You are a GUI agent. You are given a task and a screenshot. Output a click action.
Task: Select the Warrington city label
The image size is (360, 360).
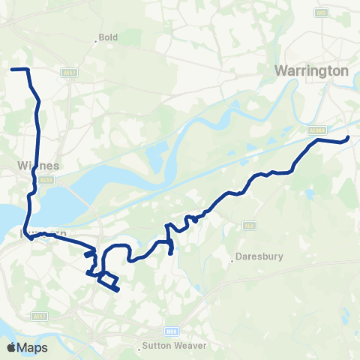312,70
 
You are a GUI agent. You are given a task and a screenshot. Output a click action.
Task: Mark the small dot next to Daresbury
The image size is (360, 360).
232,261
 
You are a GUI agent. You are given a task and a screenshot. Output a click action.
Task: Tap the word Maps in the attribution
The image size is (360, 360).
32,347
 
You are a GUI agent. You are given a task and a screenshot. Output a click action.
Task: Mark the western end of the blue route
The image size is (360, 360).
11,70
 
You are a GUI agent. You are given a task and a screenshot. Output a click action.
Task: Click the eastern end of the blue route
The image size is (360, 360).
349,136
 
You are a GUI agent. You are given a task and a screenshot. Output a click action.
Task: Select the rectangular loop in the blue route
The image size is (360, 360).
109,282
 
